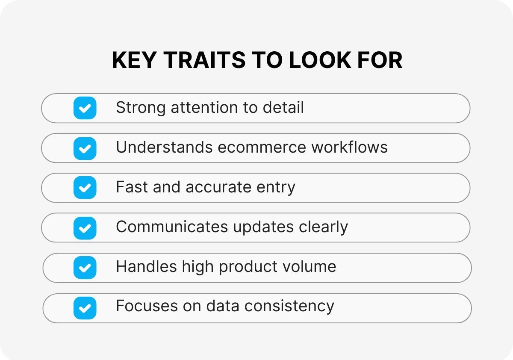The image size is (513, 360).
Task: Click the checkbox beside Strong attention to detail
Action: tap(85, 108)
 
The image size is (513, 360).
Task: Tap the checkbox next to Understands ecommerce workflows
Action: tap(85, 148)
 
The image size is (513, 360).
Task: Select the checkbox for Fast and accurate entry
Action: tap(85, 188)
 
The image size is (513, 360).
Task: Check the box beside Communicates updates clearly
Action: tap(85, 227)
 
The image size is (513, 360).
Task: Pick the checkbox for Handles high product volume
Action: tap(85, 268)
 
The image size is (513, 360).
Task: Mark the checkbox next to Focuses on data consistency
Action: tap(85, 308)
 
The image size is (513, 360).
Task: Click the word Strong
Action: tap(140, 107)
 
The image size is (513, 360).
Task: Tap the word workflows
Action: tap(349, 147)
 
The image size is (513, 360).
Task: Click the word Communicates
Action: tap(171, 227)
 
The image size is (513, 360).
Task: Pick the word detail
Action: tap(283, 107)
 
